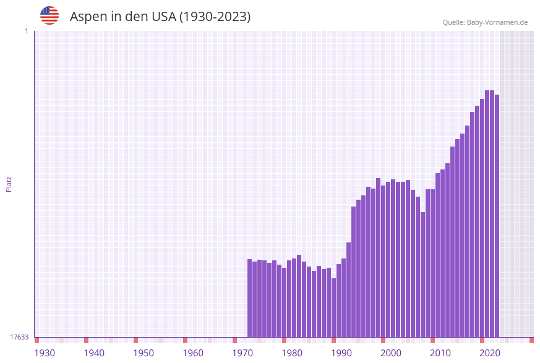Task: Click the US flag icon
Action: [49, 15]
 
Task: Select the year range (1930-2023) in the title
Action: [215, 17]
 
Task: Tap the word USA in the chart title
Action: [163, 17]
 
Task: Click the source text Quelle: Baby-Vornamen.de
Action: [485, 22]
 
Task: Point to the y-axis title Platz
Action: [9, 184]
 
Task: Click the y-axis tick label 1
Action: [26, 31]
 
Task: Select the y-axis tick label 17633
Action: [19, 337]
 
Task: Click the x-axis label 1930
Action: [45, 353]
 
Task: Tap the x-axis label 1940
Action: [94, 353]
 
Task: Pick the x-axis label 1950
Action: [144, 353]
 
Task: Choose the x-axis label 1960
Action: [193, 353]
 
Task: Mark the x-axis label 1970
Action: [242, 353]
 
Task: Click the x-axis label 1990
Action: [341, 353]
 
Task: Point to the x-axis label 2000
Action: [391, 353]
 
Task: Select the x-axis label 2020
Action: [490, 353]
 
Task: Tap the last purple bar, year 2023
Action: [497, 216]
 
